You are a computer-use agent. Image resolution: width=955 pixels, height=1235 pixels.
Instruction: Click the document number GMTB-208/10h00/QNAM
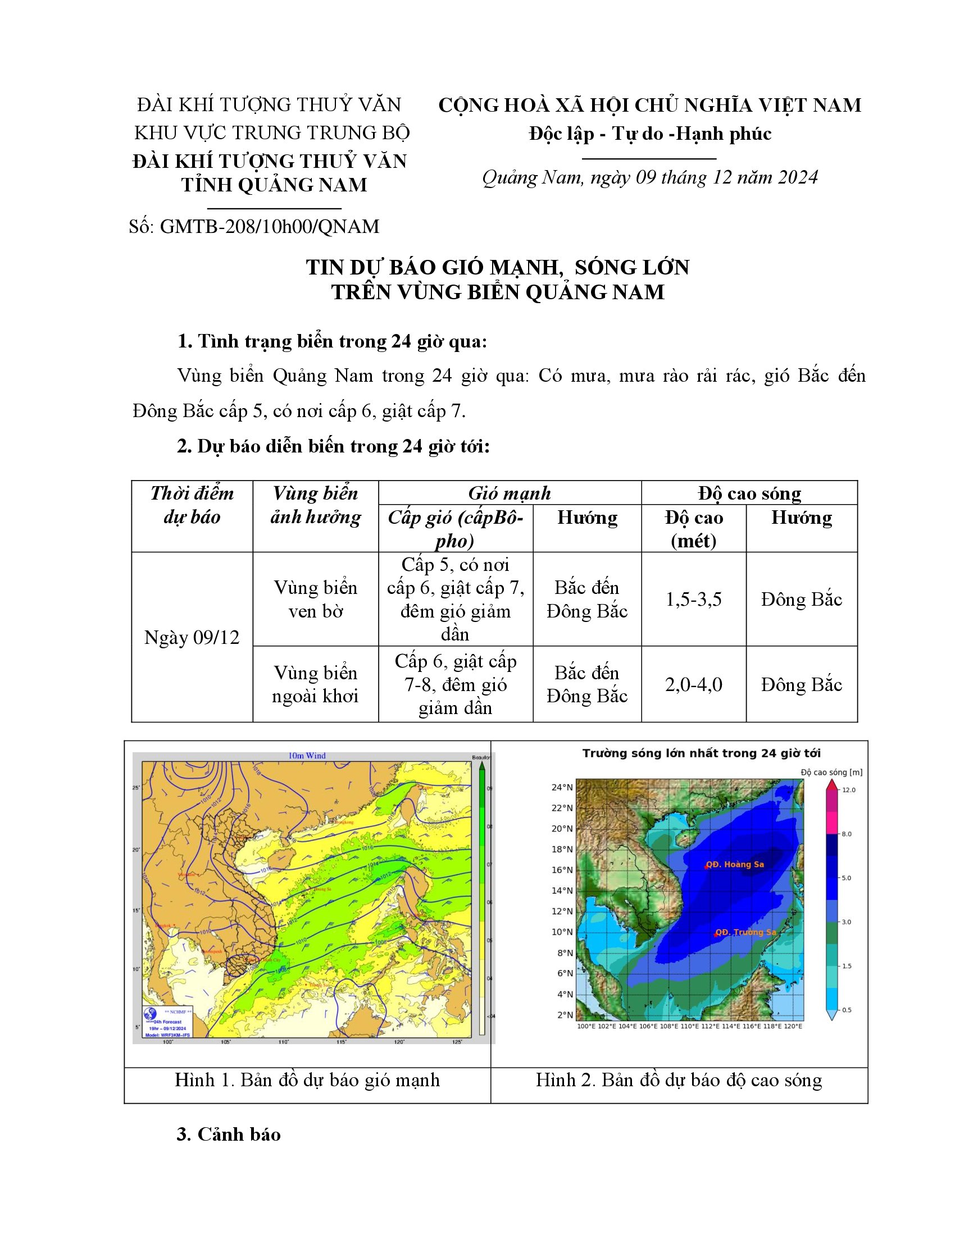pyautogui.click(x=269, y=227)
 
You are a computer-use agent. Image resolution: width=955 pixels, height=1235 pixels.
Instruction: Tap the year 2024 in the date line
pyautogui.click(x=798, y=177)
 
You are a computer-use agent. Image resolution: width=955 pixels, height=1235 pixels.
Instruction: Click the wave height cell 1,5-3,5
pyautogui.click(x=693, y=600)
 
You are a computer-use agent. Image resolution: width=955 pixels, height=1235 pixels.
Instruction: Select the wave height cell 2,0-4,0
pyautogui.click(x=693, y=685)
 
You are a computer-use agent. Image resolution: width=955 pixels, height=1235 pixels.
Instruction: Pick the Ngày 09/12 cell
pyautogui.click(x=192, y=637)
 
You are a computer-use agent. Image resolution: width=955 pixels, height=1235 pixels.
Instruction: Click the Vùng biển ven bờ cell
pyautogui.click(x=315, y=600)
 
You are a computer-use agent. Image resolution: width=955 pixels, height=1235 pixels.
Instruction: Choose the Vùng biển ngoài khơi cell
pyautogui.click(x=315, y=684)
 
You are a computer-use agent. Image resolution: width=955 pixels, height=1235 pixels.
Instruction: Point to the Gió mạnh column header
pyautogui.click(x=509, y=493)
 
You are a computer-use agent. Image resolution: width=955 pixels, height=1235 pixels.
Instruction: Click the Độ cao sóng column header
pyautogui.click(x=749, y=493)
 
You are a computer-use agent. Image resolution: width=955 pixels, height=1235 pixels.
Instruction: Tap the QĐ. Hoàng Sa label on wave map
pyautogui.click(x=735, y=864)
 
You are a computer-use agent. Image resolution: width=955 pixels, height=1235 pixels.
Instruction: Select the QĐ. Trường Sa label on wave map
pyautogui.click(x=745, y=932)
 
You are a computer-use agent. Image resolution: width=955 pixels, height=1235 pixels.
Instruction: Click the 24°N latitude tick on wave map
pyautogui.click(x=562, y=787)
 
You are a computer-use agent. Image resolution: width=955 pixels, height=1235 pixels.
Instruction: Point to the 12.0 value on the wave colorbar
pyautogui.click(x=849, y=790)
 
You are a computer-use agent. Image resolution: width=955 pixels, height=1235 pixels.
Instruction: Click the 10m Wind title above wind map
pyautogui.click(x=307, y=756)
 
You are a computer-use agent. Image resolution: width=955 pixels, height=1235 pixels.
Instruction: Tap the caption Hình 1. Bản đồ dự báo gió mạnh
pyautogui.click(x=307, y=1080)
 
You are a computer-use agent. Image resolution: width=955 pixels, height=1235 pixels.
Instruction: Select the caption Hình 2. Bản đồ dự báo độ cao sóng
pyautogui.click(x=679, y=1080)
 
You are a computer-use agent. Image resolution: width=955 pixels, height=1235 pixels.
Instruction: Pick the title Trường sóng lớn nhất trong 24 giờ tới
pyautogui.click(x=702, y=753)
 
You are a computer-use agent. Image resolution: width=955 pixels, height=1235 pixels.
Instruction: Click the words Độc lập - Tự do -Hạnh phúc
pyautogui.click(x=650, y=134)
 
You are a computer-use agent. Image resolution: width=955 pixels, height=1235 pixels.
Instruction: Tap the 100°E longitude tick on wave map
pyautogui.click(x=585, y=1026)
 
